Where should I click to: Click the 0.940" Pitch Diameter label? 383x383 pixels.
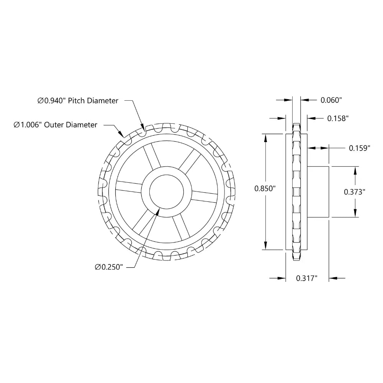(78, 101)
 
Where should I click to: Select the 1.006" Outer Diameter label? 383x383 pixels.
(56, 125)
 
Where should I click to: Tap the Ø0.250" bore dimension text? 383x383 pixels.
(108, 267)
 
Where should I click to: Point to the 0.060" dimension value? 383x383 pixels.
(331, 100)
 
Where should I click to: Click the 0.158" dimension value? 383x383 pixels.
(337, 118)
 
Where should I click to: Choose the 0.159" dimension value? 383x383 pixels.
(359, 147)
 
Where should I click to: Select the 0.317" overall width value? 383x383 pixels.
(307, 278)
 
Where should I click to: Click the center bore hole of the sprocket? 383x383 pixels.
(169, 191)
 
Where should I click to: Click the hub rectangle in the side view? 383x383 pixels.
(318, 191)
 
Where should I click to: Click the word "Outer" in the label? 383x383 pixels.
(55, 125)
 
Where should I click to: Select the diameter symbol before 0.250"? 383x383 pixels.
(98, 267)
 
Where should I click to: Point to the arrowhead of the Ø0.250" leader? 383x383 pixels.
(157, 210)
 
